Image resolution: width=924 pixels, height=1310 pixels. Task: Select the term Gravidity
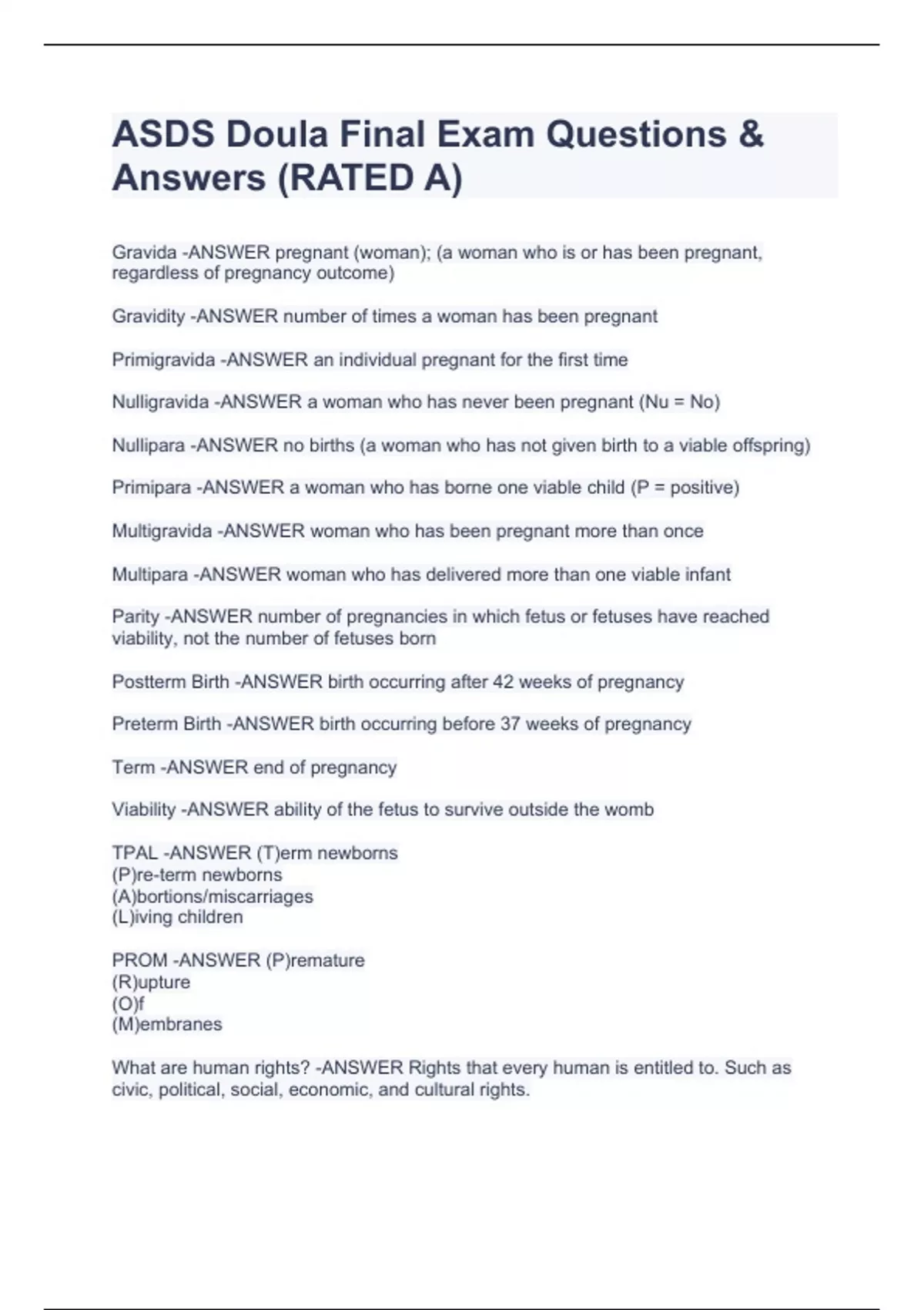149,317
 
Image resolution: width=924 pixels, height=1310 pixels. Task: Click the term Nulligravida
160,402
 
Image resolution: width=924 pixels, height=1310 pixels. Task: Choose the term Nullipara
149,445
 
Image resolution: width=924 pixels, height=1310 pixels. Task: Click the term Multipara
150,574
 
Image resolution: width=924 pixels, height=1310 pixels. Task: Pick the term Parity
136,616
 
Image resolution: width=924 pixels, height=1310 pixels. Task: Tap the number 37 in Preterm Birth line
509,724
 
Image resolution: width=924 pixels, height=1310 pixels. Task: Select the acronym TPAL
134,853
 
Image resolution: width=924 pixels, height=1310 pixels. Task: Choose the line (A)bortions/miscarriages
213,896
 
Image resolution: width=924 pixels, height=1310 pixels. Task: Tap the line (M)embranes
167,1024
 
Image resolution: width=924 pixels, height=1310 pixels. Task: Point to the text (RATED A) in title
370,178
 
